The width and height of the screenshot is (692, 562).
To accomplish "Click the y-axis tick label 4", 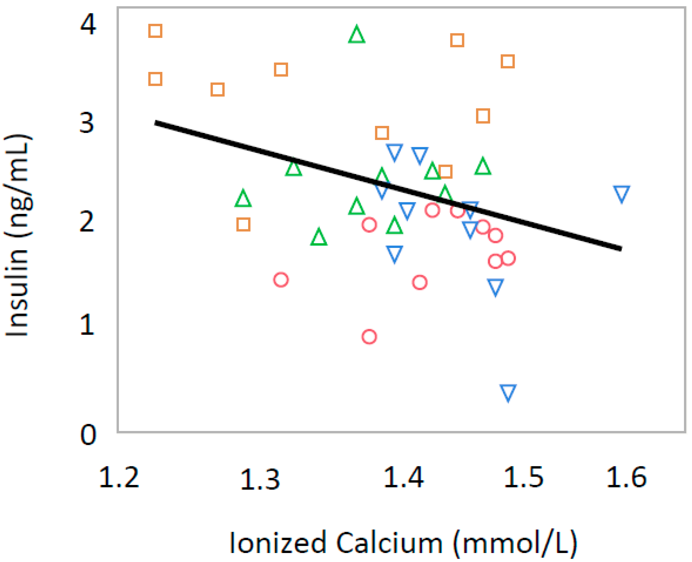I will (x=88, y=24).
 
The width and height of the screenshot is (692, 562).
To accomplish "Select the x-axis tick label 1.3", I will (x=260, y=479).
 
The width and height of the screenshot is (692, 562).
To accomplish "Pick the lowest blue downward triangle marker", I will (x=508, y=392).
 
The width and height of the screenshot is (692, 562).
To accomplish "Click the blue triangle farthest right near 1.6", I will (x=621, y=194).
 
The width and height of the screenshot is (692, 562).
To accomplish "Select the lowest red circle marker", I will (x=369, y=337).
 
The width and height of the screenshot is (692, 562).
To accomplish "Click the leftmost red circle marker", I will (x=281, y=280).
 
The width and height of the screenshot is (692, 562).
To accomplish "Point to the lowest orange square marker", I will (x=243, y=224).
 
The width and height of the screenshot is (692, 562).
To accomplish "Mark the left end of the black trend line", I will (x=156, y=123).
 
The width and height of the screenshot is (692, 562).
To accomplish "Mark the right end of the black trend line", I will (x=621, y=249).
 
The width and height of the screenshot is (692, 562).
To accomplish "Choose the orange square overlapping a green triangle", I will (x=445, y=171).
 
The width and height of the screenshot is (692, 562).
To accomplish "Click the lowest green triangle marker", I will (x=319, y=237).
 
